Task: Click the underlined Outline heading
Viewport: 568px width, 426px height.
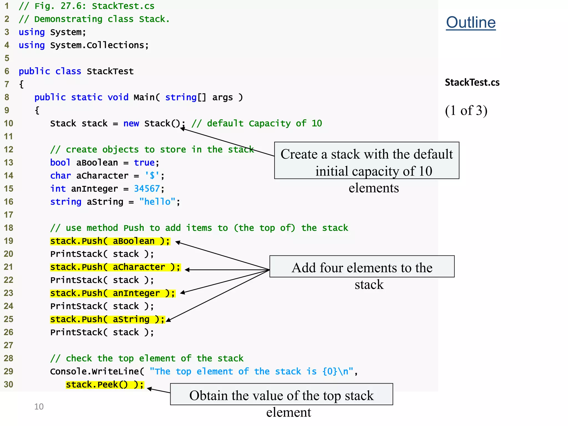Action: [x=471, y=22]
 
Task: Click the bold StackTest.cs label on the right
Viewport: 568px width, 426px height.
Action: [x=472, y=82]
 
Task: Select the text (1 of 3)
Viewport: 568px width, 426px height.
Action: [x=466, y=111]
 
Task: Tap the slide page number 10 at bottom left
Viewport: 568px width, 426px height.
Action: [x=39, y=407]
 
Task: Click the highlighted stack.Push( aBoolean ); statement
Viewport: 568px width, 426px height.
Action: [x=110, y=241]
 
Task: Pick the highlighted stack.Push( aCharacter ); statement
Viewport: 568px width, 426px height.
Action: [x=115, y=267]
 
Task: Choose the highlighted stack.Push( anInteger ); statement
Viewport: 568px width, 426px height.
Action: [x=113, y=293]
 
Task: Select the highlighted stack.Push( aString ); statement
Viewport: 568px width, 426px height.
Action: [x=107, y=319]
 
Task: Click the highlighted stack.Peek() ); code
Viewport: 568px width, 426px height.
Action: [x=105, y=385]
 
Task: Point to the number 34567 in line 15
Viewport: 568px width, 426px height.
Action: [x=147, y=189]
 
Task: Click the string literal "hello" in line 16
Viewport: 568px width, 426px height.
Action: [x=157, y=202]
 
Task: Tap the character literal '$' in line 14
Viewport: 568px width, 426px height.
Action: [x=152, y=176]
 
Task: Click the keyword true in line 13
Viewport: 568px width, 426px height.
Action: [x=144, y=163]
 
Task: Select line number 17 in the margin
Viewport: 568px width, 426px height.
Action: [x=9, y=215]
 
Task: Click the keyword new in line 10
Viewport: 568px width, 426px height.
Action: [x=131, y=123]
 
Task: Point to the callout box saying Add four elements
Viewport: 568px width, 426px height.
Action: [x=362, y=267]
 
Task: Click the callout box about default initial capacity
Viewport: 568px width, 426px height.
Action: [x=366, y=160]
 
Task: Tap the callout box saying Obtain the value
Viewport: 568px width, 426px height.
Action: [x=281, y=394]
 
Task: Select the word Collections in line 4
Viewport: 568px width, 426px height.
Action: [x=115, y=45]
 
